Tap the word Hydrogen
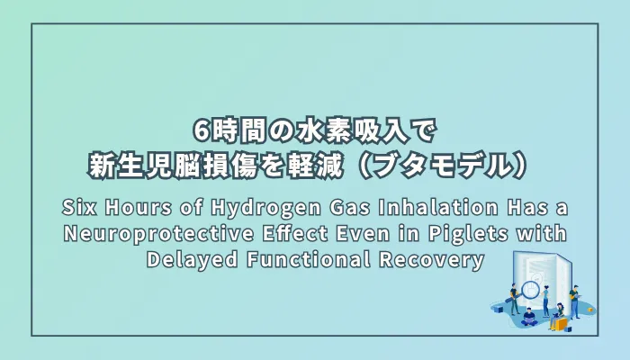point(280,209)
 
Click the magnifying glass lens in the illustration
point(533,291)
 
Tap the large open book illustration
point(540,274)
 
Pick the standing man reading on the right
point(574,301)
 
